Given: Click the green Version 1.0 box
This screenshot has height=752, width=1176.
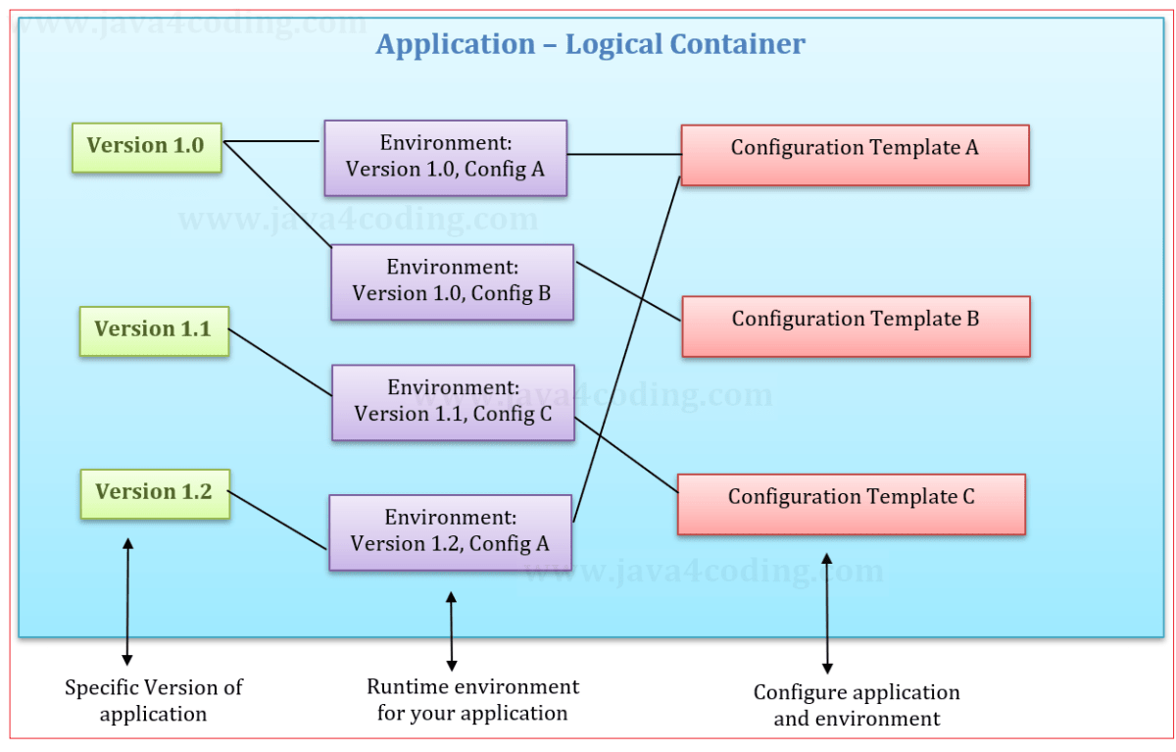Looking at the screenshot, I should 147,147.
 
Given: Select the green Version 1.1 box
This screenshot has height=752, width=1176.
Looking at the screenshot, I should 153,330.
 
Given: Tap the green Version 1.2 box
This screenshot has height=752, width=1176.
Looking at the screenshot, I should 154,493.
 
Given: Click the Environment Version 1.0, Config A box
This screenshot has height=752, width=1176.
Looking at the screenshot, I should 446,158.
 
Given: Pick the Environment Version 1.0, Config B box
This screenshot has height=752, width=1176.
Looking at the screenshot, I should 452,281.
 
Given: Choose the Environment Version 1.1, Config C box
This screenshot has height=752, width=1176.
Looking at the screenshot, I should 453,402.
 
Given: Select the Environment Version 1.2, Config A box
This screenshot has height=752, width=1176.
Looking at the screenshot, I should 450,531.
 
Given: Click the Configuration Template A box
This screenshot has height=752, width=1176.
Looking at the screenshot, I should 855,155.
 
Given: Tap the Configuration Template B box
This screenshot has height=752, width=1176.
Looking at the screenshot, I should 856,326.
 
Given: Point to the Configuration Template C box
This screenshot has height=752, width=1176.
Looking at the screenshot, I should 852,504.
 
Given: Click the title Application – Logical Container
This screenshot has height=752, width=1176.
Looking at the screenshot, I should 590,44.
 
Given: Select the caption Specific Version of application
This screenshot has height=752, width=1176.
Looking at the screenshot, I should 154,700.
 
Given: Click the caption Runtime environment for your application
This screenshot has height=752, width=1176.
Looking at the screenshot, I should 472,699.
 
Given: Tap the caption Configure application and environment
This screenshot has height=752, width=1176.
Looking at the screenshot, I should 857,705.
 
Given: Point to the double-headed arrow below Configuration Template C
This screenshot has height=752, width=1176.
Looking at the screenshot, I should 827,612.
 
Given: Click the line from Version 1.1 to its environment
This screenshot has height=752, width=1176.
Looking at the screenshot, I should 280,363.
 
